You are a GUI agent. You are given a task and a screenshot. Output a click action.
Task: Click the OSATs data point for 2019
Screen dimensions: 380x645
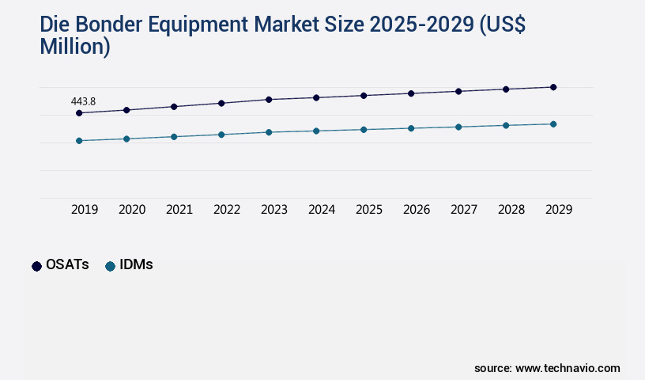[79, 113]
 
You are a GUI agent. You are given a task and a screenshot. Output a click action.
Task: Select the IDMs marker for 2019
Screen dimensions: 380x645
[79, 141]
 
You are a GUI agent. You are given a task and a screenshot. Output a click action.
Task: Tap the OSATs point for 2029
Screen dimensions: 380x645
[553, 87]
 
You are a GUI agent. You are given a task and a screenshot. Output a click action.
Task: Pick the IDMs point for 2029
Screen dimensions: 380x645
[553, 124]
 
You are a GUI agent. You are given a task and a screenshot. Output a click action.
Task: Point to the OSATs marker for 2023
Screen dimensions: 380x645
[269, 100]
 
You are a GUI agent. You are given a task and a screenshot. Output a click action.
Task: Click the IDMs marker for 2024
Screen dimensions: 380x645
[316, 131]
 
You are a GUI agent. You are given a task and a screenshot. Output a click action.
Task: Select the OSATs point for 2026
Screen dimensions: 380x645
[411, 93]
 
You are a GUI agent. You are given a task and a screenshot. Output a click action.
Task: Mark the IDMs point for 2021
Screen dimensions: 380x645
[174, 137]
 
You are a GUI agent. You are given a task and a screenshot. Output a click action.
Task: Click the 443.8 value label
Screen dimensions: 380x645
[83, 101]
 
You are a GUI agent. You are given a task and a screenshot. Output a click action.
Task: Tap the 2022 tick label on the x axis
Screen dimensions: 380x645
[227, 210]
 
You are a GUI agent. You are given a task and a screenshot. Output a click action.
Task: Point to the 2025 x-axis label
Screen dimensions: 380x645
[369, 210]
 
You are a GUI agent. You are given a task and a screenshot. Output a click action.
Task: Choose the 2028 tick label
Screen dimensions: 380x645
[511, 210]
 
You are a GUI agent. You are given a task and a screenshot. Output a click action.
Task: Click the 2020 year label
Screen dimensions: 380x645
[132, 210]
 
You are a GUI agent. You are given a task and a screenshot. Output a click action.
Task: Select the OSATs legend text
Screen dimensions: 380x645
[67, 265]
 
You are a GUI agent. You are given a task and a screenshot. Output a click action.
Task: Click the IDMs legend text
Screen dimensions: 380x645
[136, 265]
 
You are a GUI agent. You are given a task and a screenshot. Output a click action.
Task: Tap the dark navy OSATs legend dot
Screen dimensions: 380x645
[36, 266]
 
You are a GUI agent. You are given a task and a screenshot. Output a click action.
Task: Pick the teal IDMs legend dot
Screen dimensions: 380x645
[110, 266]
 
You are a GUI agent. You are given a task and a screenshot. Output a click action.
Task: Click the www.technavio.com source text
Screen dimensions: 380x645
[568, 368]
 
